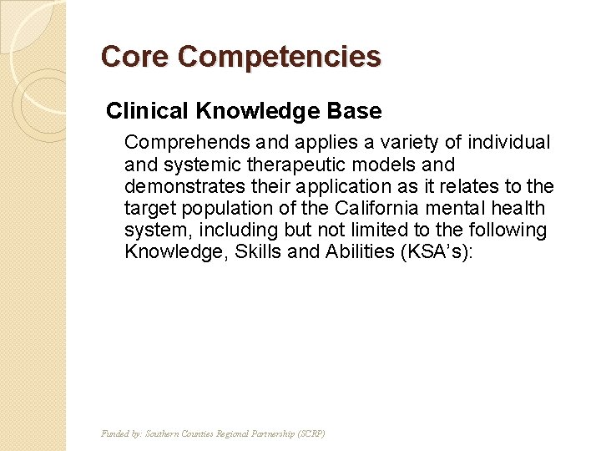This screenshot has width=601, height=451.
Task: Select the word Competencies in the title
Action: point(279,57)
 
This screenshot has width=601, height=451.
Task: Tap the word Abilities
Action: point(354,251)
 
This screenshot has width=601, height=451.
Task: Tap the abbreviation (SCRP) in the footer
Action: point(312,433)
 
